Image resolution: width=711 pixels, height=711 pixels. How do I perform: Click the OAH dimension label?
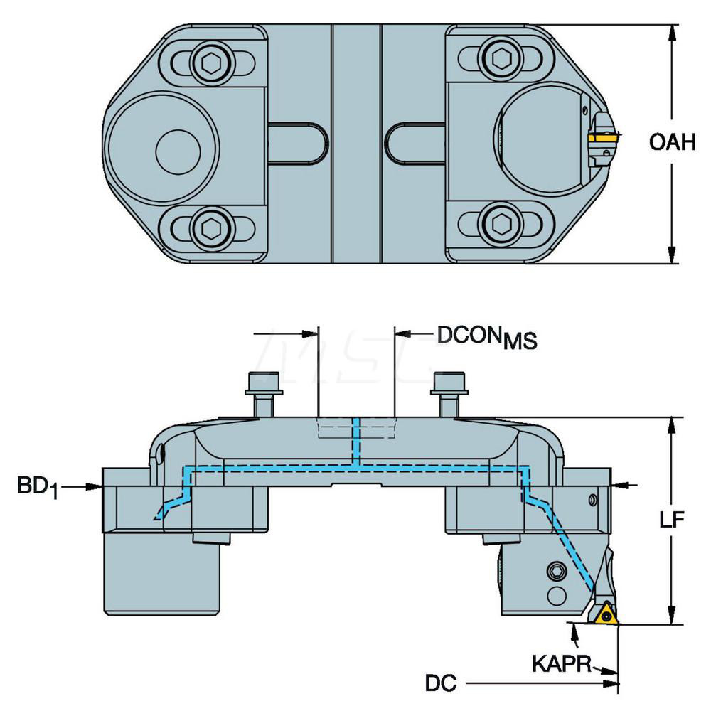(x=672, y=143)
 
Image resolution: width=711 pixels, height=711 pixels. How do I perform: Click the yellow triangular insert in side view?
(x=606, y=613)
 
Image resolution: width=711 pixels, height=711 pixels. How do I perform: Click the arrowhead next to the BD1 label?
(x=96, y=486)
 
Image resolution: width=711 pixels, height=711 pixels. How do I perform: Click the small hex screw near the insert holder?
(x=557, y=571)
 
